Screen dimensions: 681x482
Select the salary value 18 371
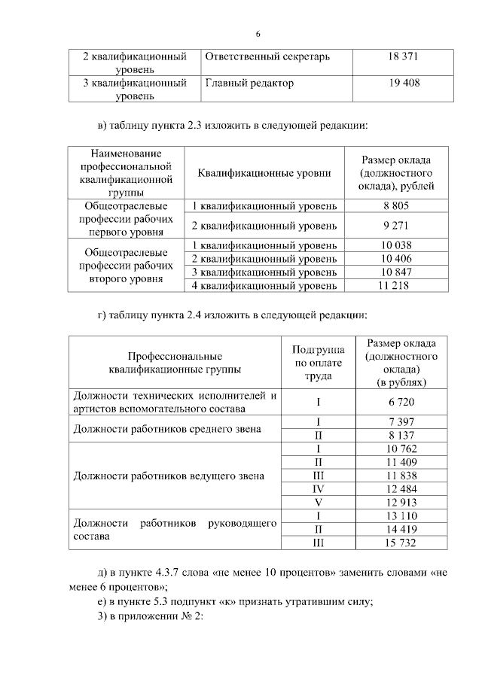pos(403,56)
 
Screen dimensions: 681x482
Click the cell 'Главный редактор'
pos(249,83)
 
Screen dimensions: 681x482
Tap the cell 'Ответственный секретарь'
pos(267,56)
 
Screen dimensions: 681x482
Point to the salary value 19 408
pos(403,83)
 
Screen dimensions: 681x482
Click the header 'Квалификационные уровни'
pos(264,173)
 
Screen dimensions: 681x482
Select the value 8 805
pos(396,205)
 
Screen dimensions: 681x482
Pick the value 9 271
pos(396,224)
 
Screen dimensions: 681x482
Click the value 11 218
pos(396,285)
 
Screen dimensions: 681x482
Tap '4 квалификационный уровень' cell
pos(264,285)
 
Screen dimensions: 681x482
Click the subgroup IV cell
pos(319,489)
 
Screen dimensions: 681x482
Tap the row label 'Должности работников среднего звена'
pos(167,429)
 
